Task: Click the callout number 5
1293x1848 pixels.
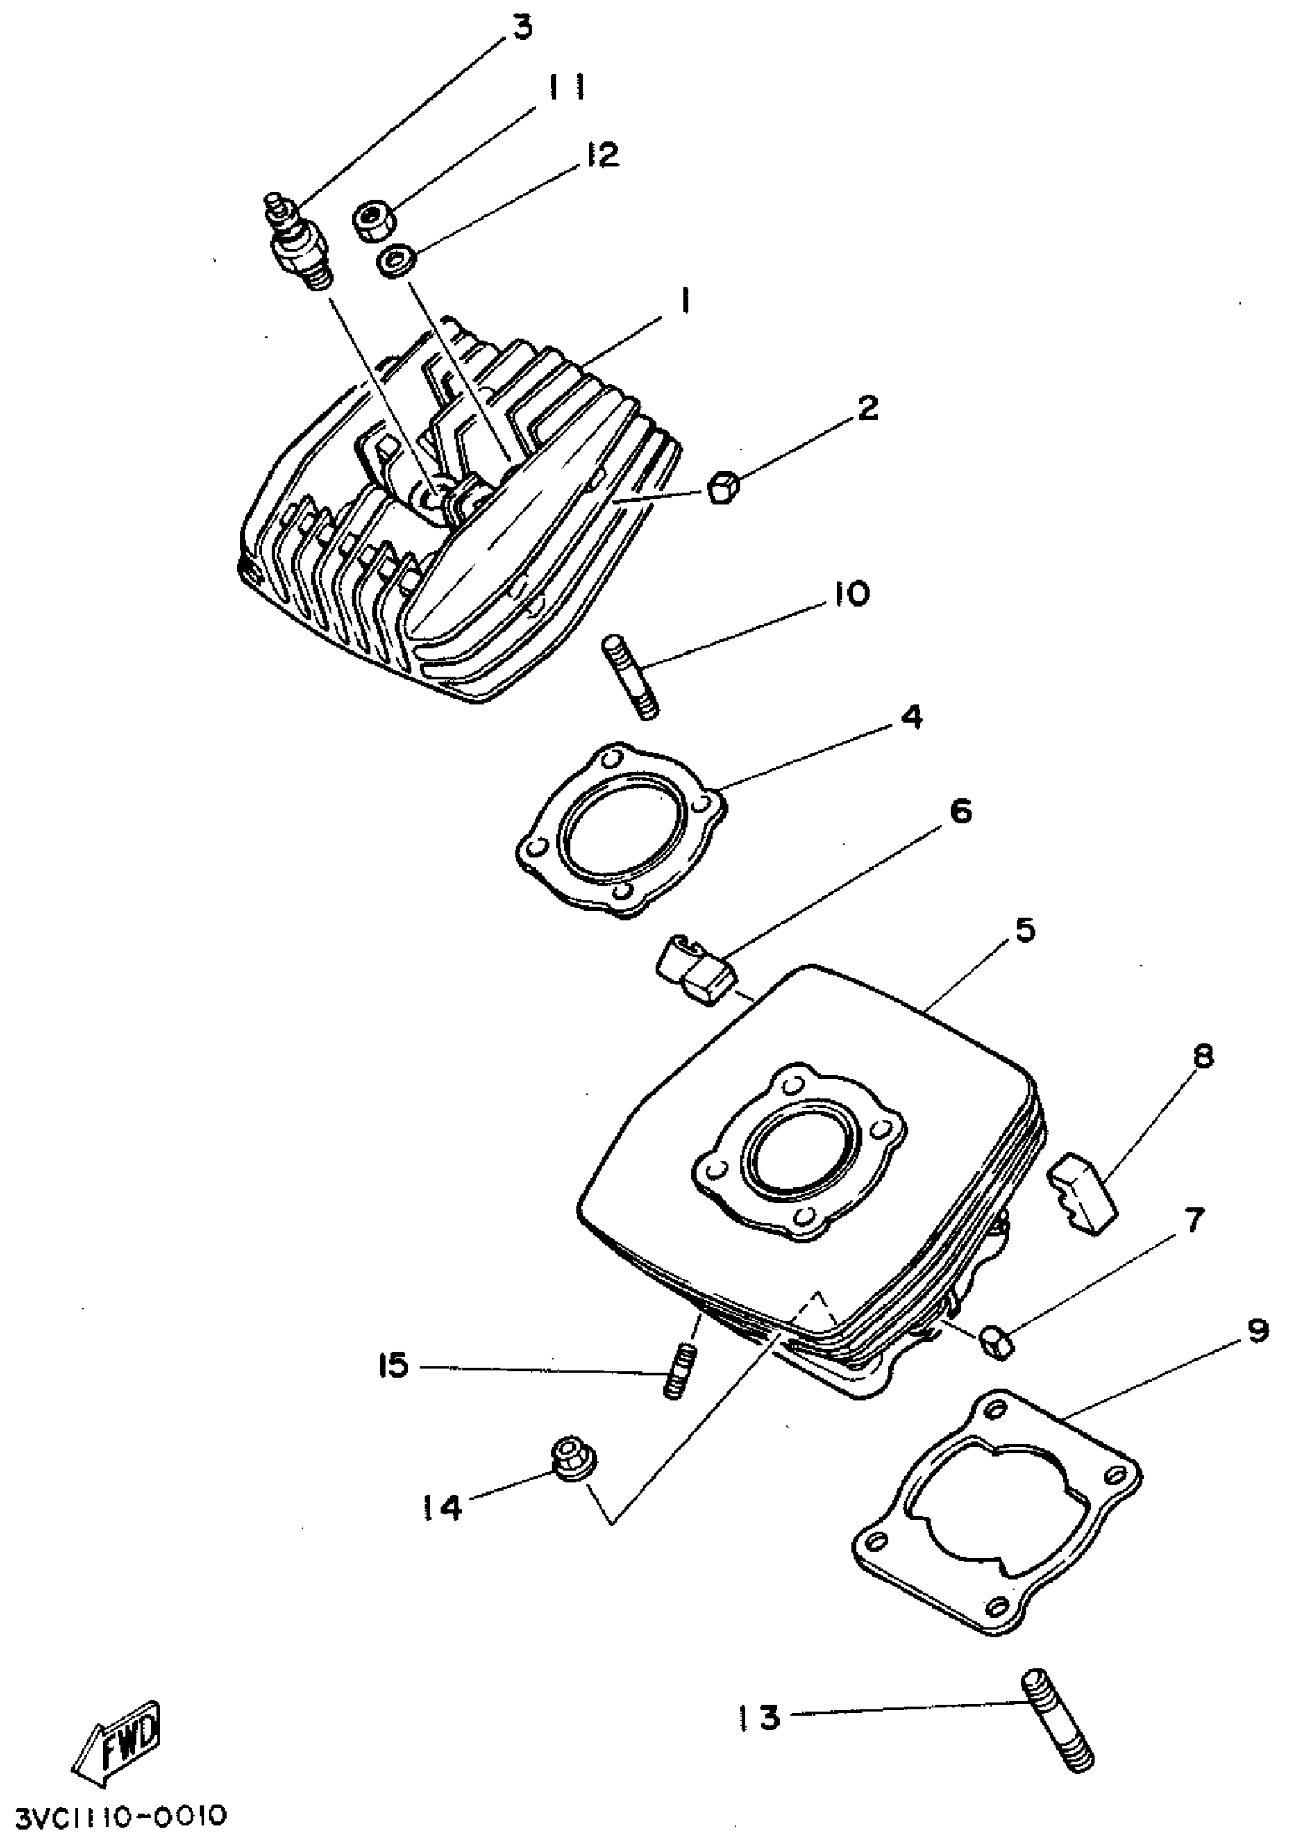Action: [1024, 931]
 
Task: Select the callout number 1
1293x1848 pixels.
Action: [685, 302]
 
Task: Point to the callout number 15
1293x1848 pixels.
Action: [393, 1366]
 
